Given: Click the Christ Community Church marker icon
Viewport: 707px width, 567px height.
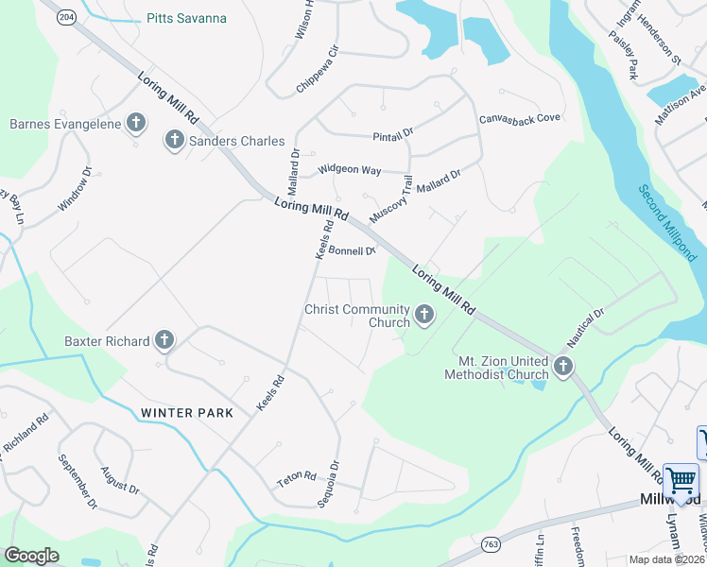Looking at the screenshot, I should [423, 316].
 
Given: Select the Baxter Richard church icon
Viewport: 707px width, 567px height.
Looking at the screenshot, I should [164, 340].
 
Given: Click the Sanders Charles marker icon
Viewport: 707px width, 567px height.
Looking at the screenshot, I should [174, 140].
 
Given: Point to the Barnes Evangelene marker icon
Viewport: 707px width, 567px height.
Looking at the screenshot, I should [136, 123].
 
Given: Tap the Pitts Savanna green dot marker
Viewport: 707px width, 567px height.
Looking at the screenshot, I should [135, 18].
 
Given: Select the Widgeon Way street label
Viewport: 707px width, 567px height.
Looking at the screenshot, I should [349, 169].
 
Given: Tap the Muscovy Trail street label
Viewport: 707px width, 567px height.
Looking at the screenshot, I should [391, 199].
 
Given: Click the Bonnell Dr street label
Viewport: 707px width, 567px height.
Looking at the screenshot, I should [353, 250].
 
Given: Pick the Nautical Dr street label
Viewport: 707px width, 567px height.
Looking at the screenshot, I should [585, 326].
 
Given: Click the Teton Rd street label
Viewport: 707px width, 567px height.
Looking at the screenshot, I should [295, 479].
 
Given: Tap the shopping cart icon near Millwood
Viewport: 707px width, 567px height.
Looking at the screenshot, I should [680, 482].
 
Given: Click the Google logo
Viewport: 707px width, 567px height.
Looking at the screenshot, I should [32, 556].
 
